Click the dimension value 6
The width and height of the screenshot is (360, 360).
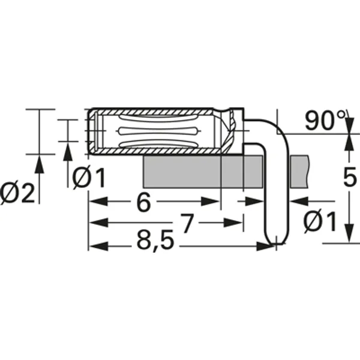tap(142, 203)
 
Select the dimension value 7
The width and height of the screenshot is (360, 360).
tap(187, 224)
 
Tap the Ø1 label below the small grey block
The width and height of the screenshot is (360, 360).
tap(320, 223)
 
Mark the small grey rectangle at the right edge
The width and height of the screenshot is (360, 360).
tap(299, 170)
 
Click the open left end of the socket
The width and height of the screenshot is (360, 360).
tap(90, 131)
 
